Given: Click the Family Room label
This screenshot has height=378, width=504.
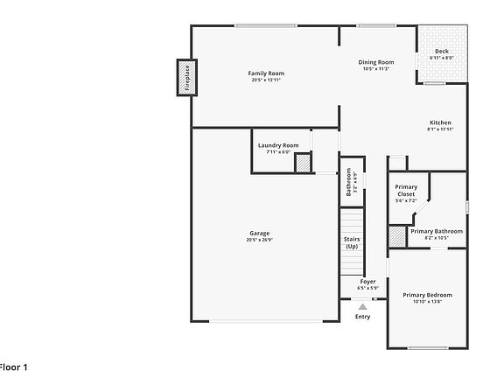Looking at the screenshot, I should [x=266, y=73].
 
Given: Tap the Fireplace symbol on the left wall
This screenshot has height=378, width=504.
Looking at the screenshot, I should [x=185, y=77].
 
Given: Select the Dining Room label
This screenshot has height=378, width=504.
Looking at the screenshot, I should [x=376, y=62].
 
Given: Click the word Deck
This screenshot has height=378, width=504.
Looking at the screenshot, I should [x=442, y=51].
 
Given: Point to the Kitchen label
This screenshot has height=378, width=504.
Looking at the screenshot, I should [x=439, y=122].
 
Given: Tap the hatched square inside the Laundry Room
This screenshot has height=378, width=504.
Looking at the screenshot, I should [x=302, y=163].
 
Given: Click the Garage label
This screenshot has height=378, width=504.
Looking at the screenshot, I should [x=259, y=233].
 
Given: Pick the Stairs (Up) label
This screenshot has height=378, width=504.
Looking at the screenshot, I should [x=352, y=242].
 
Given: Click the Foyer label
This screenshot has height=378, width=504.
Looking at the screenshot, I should [x=367, y=281].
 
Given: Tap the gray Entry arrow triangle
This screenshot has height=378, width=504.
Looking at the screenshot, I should [x=362, y=306].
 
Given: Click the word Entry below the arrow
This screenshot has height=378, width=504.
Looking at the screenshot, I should [x=362, y=317].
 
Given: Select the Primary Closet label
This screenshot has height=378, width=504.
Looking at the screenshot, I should [x=406, y=190].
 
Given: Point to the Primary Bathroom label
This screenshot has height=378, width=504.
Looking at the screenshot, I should [x=436, y=231].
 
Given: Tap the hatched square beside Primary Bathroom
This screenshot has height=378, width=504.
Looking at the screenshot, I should [x=397, y=236].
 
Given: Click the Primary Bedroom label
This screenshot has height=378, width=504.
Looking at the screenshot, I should [x=427, y=295].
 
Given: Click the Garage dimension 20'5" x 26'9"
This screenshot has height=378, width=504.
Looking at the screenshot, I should [x=259, y=240].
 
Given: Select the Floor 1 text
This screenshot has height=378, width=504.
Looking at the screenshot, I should [x=13, y=367].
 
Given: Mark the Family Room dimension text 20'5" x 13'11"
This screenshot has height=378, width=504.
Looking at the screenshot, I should [x=266, y=80].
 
